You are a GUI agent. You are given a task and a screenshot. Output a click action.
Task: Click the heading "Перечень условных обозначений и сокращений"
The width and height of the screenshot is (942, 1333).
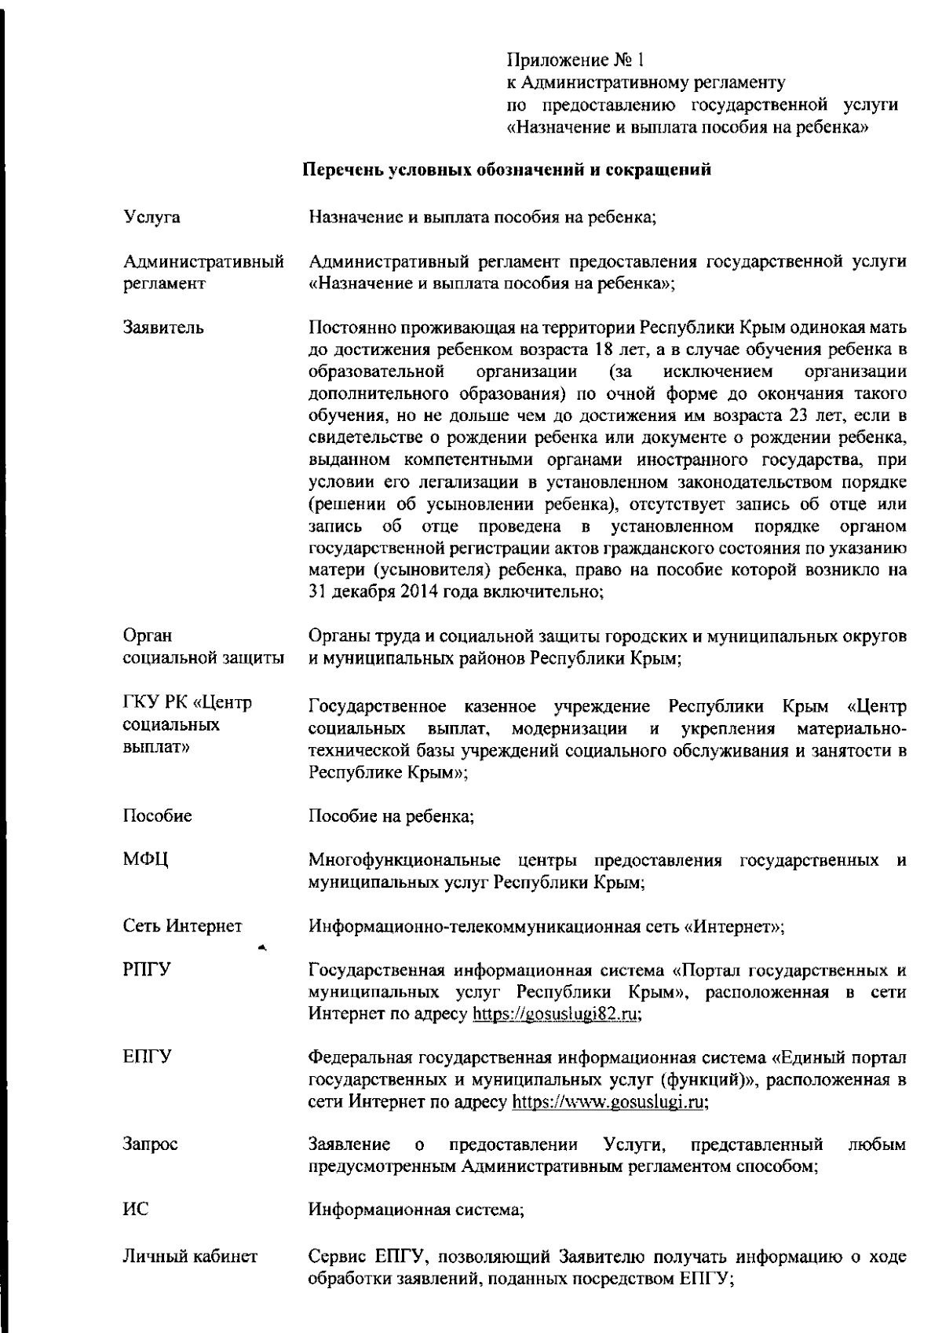pyautogui.click(x=507, y=170)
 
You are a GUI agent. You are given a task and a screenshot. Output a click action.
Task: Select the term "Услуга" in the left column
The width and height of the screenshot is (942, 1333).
pyautogui.click(x=152, y=218)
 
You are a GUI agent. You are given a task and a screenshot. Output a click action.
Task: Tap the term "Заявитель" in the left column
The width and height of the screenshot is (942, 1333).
pyautogui.click(x=163, y=328)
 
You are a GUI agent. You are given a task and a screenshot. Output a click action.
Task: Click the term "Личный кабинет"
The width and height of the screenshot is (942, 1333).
pyautogui.click(x=190, y=1257)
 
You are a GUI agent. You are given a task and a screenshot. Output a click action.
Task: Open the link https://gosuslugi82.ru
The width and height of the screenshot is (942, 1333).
pyautogui.click(x=557, y=1015)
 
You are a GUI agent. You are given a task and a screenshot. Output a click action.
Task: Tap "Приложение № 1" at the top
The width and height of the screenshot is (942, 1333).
pyautogui.click(x=575, y=60)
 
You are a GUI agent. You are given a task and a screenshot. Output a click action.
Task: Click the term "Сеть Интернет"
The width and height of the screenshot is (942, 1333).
pyautogui.click(x=182, y=926)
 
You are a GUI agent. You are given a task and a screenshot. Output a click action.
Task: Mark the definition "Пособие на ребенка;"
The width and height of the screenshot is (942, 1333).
pyautogui.click(x=391, y=817)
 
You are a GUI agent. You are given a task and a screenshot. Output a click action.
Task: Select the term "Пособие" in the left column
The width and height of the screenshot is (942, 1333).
pyautogui.click(x=157, y=816)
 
